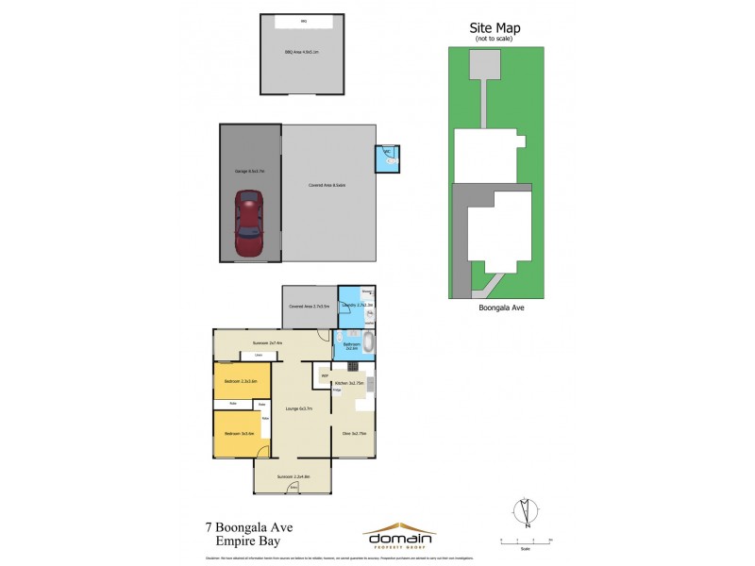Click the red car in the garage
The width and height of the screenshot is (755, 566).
(249, 225)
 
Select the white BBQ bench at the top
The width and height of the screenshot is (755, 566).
(303, 20)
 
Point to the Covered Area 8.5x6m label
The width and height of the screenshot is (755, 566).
(327, 185)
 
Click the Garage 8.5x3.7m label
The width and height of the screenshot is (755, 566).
(249, 171)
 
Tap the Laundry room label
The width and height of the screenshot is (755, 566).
(358, 305)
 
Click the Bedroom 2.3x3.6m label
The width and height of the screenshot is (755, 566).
(241, 381)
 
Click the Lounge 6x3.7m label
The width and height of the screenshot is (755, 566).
(298, 408)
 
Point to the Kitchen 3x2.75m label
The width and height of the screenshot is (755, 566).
(349, 383)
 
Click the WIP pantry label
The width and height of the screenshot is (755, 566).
(325, 376)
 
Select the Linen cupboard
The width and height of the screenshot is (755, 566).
(257, 355)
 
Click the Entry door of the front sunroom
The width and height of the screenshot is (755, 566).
(294, 488)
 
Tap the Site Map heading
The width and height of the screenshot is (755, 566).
(495, 28)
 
